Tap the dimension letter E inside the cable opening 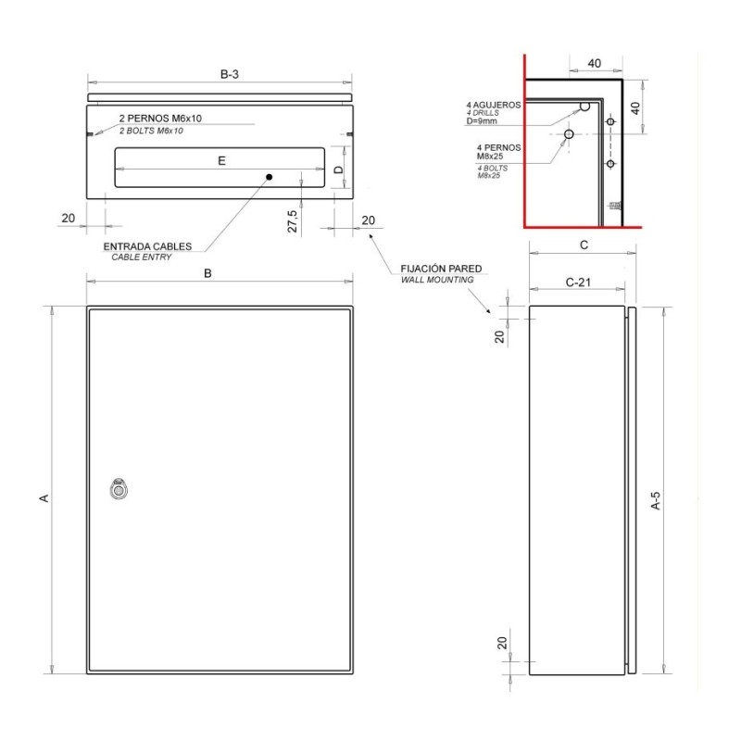click(221, 160)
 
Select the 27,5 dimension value click(292, 221)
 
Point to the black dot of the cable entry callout click(269, 176)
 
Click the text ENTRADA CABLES click(148, 246)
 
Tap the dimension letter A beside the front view click(42, 498)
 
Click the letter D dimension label click(339, 170)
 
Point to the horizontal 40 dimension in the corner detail click(595, 63)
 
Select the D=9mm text click(482, 121)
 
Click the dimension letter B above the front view click(208, 273)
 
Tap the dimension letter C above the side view click(584, 245)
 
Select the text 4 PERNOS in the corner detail click(498, 147)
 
